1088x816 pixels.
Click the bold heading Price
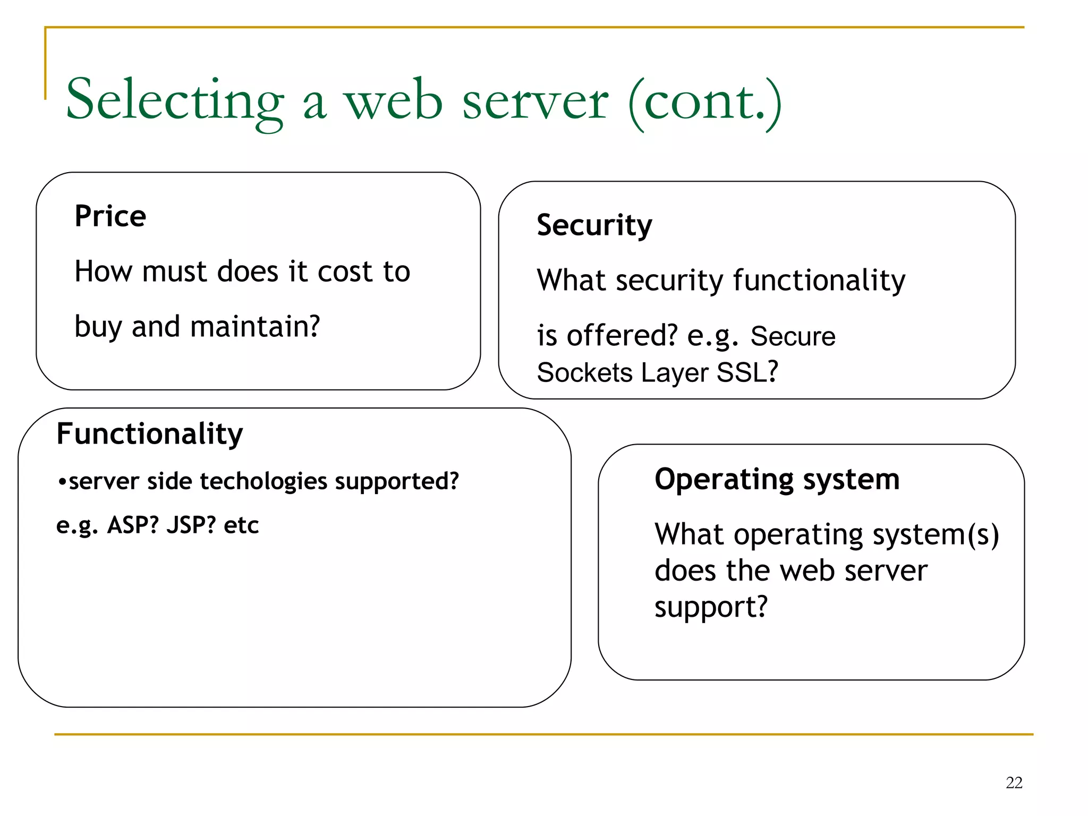tap(110, 216)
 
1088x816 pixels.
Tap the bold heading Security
tap(594, 225)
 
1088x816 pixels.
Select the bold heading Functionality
tap(149, 434)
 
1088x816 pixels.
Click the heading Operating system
tap(777, 480)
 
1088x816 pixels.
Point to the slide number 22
tap(1014, 783)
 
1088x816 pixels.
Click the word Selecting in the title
tap(175, 101)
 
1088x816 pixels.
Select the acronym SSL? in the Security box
tap(747, 372)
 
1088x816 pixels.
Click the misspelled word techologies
tap(263, 481)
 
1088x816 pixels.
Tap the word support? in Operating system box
tap(711, 607)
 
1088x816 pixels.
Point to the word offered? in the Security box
tap(622, 336)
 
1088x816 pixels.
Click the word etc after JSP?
tap(241, 525)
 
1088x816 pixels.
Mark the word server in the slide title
tap(535, 101)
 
